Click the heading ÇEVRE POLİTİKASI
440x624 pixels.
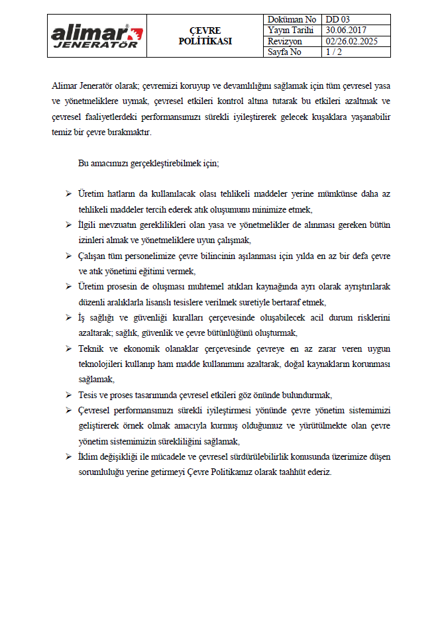(x=205, y=36)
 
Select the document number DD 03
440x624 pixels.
(x=336, y=20)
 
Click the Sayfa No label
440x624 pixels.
(x=285, y=52)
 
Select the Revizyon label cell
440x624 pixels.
(x=286, y=41)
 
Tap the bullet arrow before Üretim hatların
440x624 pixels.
(x=68, y=193)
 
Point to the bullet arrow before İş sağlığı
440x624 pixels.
(x=68, y=317)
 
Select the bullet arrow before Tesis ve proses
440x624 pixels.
(x=68, y=395)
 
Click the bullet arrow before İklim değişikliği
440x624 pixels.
(x=68, y=457)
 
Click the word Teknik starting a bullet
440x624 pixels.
(x=90, y=348)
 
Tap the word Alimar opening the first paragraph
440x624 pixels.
(x=65, y=85)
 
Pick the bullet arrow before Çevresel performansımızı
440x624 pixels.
(x=68, y=411)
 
